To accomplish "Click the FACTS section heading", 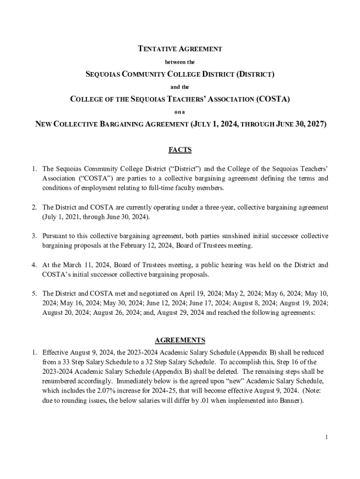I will coord(180,150).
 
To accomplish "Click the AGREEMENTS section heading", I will coord(180,340).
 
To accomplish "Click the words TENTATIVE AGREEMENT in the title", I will coord(180,49).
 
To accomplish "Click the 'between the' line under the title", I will coord(180,61).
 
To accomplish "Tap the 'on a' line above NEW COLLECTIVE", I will coord(180,112).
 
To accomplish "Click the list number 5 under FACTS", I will coord(34,293).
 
